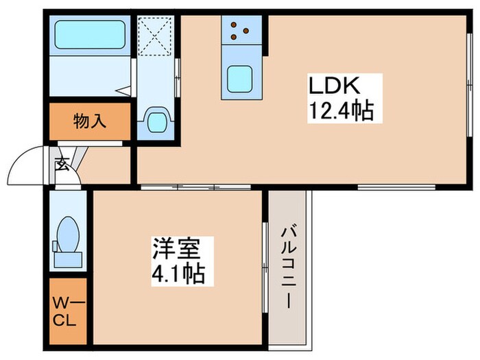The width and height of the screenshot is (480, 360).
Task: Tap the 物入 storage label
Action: click(x=90, y=122)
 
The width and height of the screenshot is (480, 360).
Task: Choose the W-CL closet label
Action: click(x=67, y=311)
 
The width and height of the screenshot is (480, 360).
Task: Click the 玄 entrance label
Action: click(x=62, y=165)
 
